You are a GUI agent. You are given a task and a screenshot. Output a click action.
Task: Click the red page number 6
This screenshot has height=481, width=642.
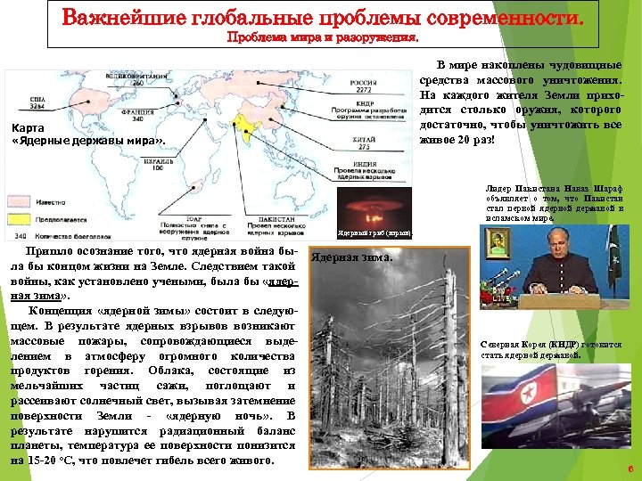coord(630,469)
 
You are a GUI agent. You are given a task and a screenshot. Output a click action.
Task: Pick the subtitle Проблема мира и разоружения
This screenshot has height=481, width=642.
coord(322,38)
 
